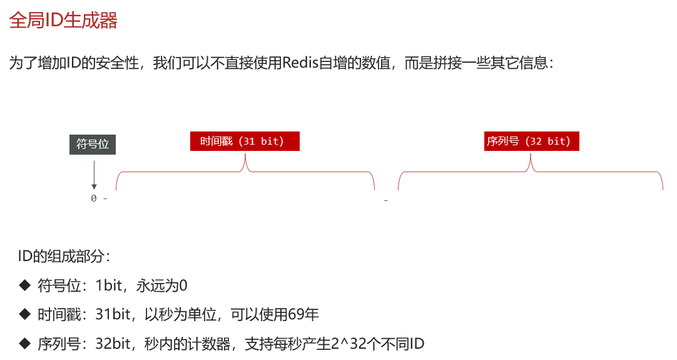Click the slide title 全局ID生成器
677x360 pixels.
tap(63, 21)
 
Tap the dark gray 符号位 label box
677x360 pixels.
tap(93, 145)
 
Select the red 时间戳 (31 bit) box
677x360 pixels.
tap(245, 141)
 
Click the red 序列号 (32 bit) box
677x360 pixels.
tap(531, 141)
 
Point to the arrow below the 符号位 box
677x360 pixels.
tap(94, 175)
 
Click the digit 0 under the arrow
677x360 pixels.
tap(94, 198)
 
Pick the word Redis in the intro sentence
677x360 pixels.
tap(301, 63)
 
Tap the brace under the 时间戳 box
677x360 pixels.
tap(245, 172)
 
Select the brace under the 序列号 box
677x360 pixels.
tap(531, 172)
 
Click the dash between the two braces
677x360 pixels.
tap(386, 200)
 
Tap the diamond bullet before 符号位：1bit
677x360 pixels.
tap(24, 285)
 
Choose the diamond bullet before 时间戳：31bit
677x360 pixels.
tap(24, 314)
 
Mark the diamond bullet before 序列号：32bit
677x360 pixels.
tap(24, 343)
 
